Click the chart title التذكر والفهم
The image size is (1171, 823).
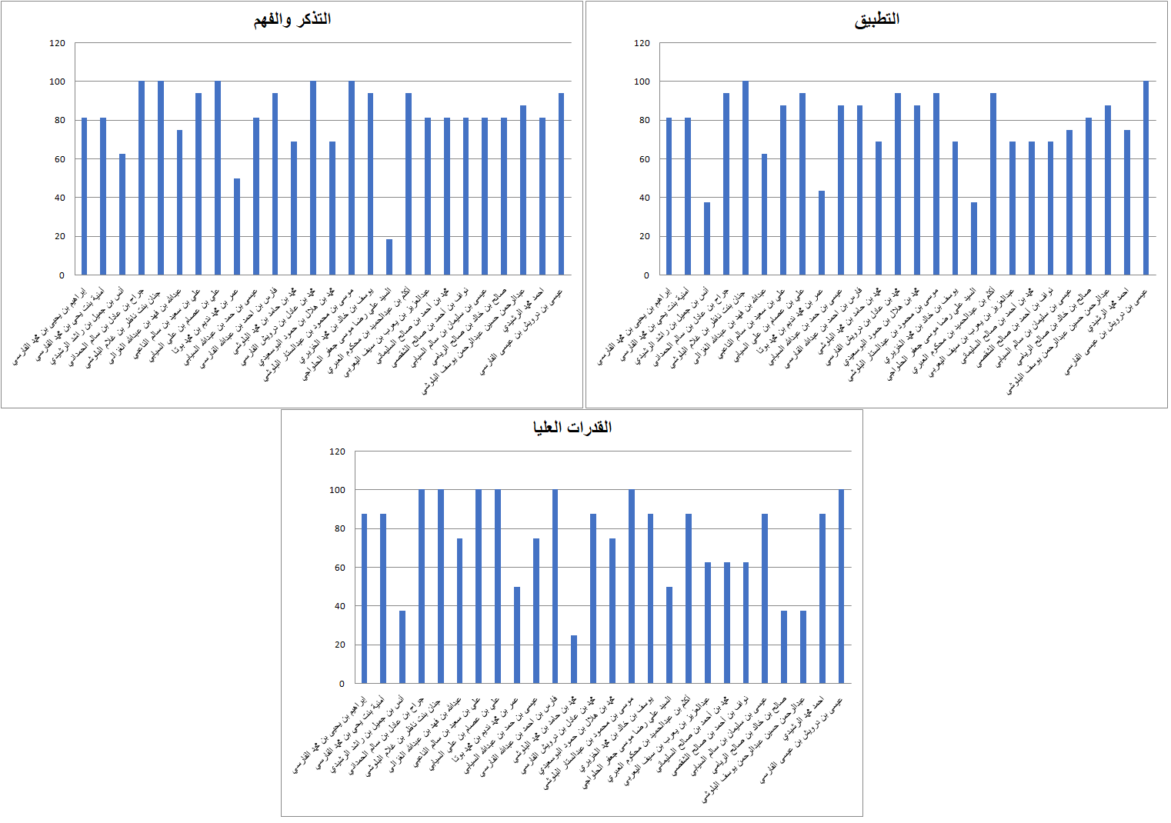click(292, 20)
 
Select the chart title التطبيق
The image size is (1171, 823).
click(876, 20)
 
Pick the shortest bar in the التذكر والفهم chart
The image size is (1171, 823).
click(389, 257)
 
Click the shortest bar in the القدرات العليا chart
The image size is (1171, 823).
click(574, 659)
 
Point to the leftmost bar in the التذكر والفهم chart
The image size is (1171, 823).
click(84, 197)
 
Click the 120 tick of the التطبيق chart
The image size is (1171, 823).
click(642, 43)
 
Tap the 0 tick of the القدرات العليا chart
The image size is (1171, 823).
click(342, 683)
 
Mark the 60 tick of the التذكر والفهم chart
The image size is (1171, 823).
click(58, 159)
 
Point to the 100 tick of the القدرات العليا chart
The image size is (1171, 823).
click(337, 490)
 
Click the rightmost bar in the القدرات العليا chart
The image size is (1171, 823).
click(841, 586)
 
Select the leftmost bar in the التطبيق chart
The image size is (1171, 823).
click(669, 197)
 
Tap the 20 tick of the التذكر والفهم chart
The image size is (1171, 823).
click(59, 236)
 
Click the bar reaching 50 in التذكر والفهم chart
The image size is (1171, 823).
click(237, 227)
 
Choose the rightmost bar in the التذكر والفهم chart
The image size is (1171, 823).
click(561, 185)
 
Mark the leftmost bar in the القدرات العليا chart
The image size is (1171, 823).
click(364, 598)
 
